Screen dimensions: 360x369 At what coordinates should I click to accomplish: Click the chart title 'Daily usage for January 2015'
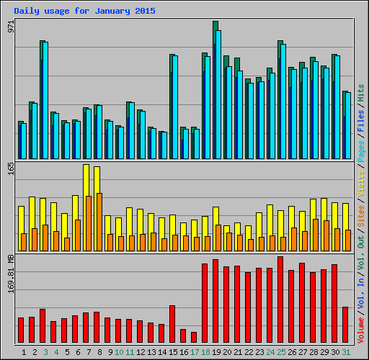84,12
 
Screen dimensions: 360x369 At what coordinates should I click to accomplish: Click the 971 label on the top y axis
10,27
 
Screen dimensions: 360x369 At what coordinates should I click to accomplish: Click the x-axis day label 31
346,352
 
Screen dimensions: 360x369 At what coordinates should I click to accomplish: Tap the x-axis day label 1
25,352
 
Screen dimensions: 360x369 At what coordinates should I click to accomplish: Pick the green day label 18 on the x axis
206,352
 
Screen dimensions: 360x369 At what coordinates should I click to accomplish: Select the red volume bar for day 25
280,300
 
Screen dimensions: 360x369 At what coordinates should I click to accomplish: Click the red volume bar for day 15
172,324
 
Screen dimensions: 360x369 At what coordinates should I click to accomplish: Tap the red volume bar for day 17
194,337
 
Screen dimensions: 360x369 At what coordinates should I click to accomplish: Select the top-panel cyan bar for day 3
45,101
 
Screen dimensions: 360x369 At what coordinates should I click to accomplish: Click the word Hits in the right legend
361,92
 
